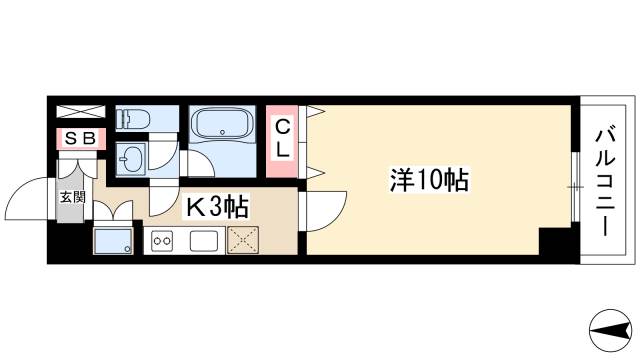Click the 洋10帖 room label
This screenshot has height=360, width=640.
[x=429, y=180]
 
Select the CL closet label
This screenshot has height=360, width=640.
[x=283, y=140]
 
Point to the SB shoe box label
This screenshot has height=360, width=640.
[x=80, y=139]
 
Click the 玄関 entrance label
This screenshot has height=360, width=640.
[x=72, y=196]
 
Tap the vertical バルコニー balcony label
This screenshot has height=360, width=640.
[x=606, y=180]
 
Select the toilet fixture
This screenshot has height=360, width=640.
[x=133, y=119]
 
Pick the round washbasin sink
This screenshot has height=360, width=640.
[x=130, y=157]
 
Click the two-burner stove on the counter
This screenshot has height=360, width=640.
[x=163, y=241]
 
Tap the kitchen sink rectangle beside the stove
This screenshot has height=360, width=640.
[x=204, y=241]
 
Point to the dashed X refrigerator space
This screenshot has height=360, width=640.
[x=243, y=241]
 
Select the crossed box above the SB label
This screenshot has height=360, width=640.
[x=80, y=112]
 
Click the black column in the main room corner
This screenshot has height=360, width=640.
[x=554, y=242]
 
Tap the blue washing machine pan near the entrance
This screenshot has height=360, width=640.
[x=113, y=240]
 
